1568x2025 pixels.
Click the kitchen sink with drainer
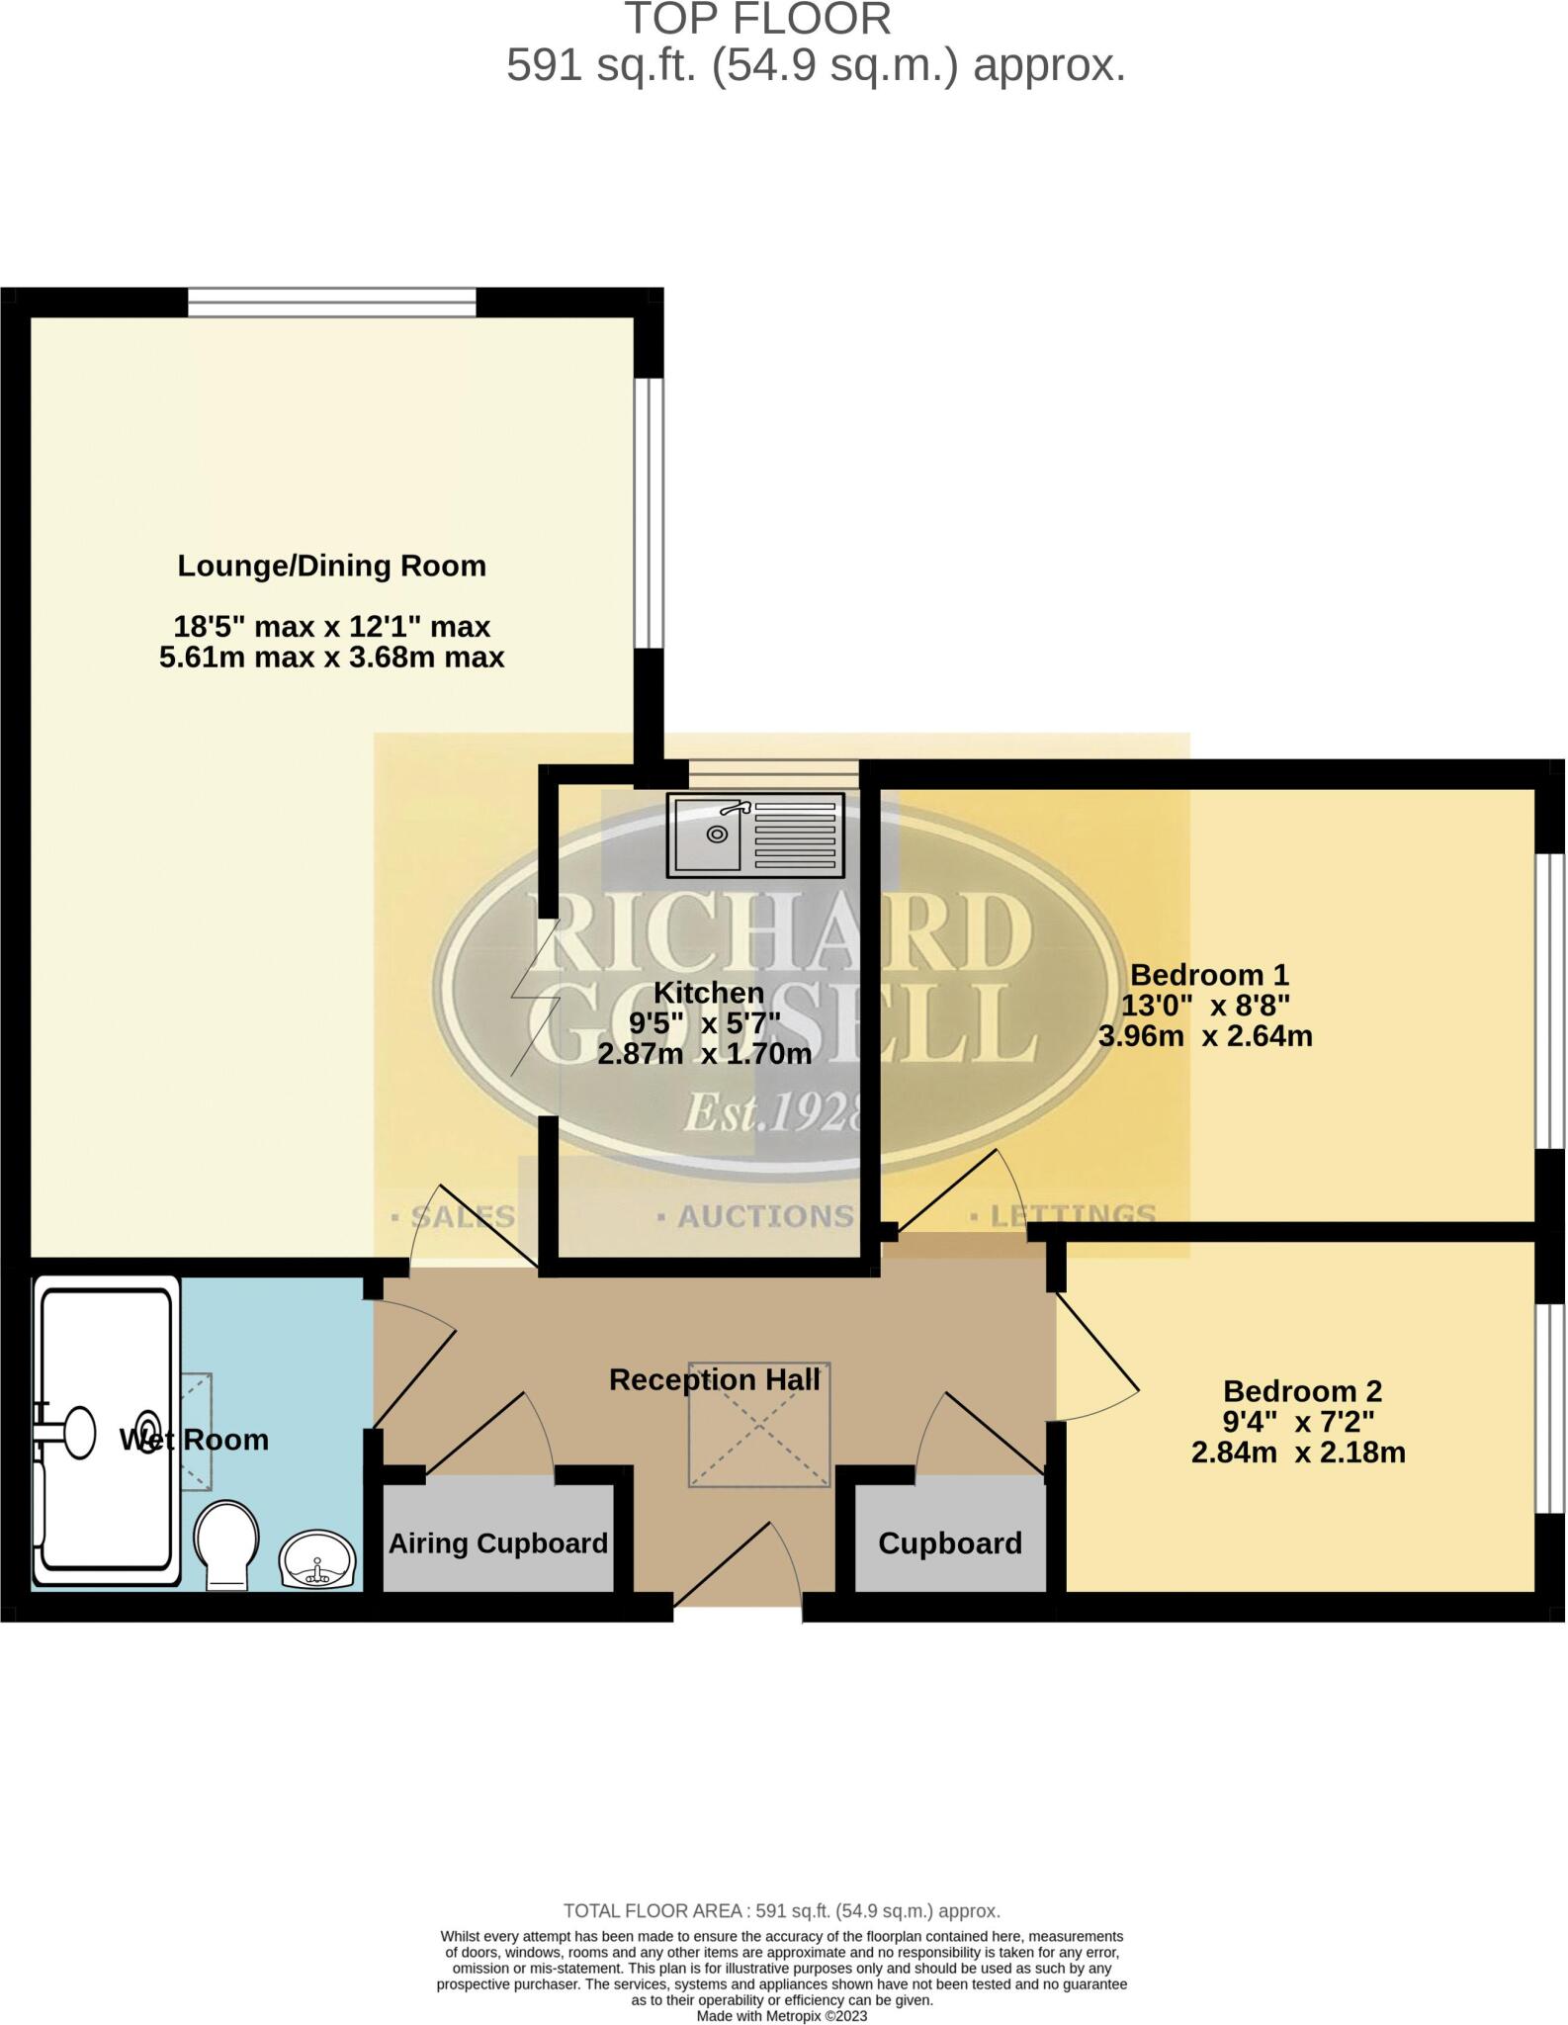pyautogui.click(x=755, y=835)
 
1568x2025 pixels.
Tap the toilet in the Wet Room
pyautogui.click(x=226, y=1546)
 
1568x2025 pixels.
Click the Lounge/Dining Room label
pyautogui.click(x=331, y=566)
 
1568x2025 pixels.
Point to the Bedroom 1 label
pyautogui.click(x=1208, y=975)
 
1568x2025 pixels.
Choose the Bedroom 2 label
pyautogui.click(x=1301, y=1391)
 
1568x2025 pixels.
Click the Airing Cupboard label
pyautogui.click(x=497, y=1543)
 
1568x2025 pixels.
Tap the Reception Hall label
pyautogui.click(x=714, y=1379)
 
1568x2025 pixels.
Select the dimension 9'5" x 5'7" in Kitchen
pyautogui.click(x=704, y=1022)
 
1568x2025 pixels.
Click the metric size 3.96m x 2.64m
pyautogui.click(x=1204, y=1036)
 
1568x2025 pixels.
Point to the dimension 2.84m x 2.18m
pyautogui.click(x=1297, y=1453)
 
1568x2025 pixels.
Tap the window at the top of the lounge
pyautogui.click(x=331, y=302)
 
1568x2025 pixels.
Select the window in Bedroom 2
pyautogui.click(x=1550, y=1409)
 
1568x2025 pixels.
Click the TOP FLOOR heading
pyautogui.click(x=756, y=20)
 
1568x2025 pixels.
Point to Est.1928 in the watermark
pyautogui.click(x=771, y=1114)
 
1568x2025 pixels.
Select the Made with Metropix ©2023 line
pyautogui.click(x=781, y=2015)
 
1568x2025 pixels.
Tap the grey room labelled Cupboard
pyautogui.click(x=949, y=1543)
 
